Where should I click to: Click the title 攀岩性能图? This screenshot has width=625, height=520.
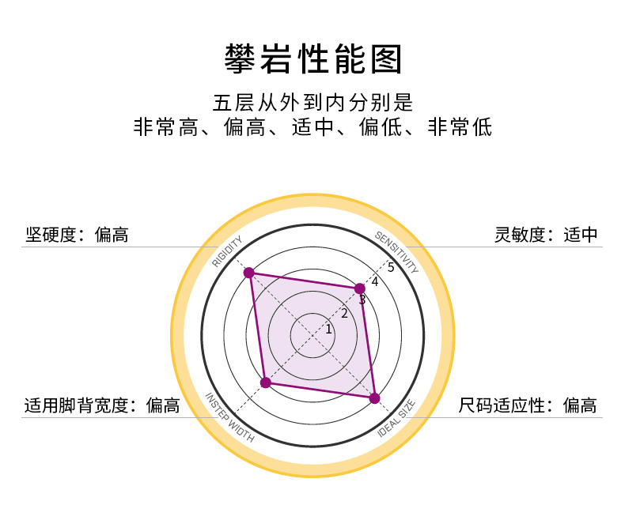click(312, 59)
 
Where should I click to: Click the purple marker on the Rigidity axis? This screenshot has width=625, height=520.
click(248, 273)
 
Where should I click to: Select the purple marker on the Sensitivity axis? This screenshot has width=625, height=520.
click(359, 288)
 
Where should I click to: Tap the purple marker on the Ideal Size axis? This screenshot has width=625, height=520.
click(375, 398)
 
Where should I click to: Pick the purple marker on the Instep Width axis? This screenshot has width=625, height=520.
click(266, 383)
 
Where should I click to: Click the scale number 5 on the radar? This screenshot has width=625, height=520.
click(391, 267)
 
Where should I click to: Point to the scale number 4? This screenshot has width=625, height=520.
click(375, 282)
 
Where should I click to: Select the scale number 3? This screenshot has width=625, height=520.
click(362, 300)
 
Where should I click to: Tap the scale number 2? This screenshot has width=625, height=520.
click(344, 314)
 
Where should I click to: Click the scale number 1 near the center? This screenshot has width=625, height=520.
click(328, 330)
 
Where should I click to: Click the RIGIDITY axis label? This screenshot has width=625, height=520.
click(227, 252)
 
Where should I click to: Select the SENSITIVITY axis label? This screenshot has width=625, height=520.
click(396, 251)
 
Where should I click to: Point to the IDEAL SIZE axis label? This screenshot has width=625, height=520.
click(396, 418)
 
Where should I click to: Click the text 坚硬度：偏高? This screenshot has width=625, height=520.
click(77, 235)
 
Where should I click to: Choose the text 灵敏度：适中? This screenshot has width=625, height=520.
click(546, 235)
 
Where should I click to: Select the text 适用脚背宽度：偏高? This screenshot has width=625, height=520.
click(102, 406)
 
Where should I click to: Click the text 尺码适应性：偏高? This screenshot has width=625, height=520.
click(528, 406)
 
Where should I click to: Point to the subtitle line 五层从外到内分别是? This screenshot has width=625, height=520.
click(312, 104)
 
